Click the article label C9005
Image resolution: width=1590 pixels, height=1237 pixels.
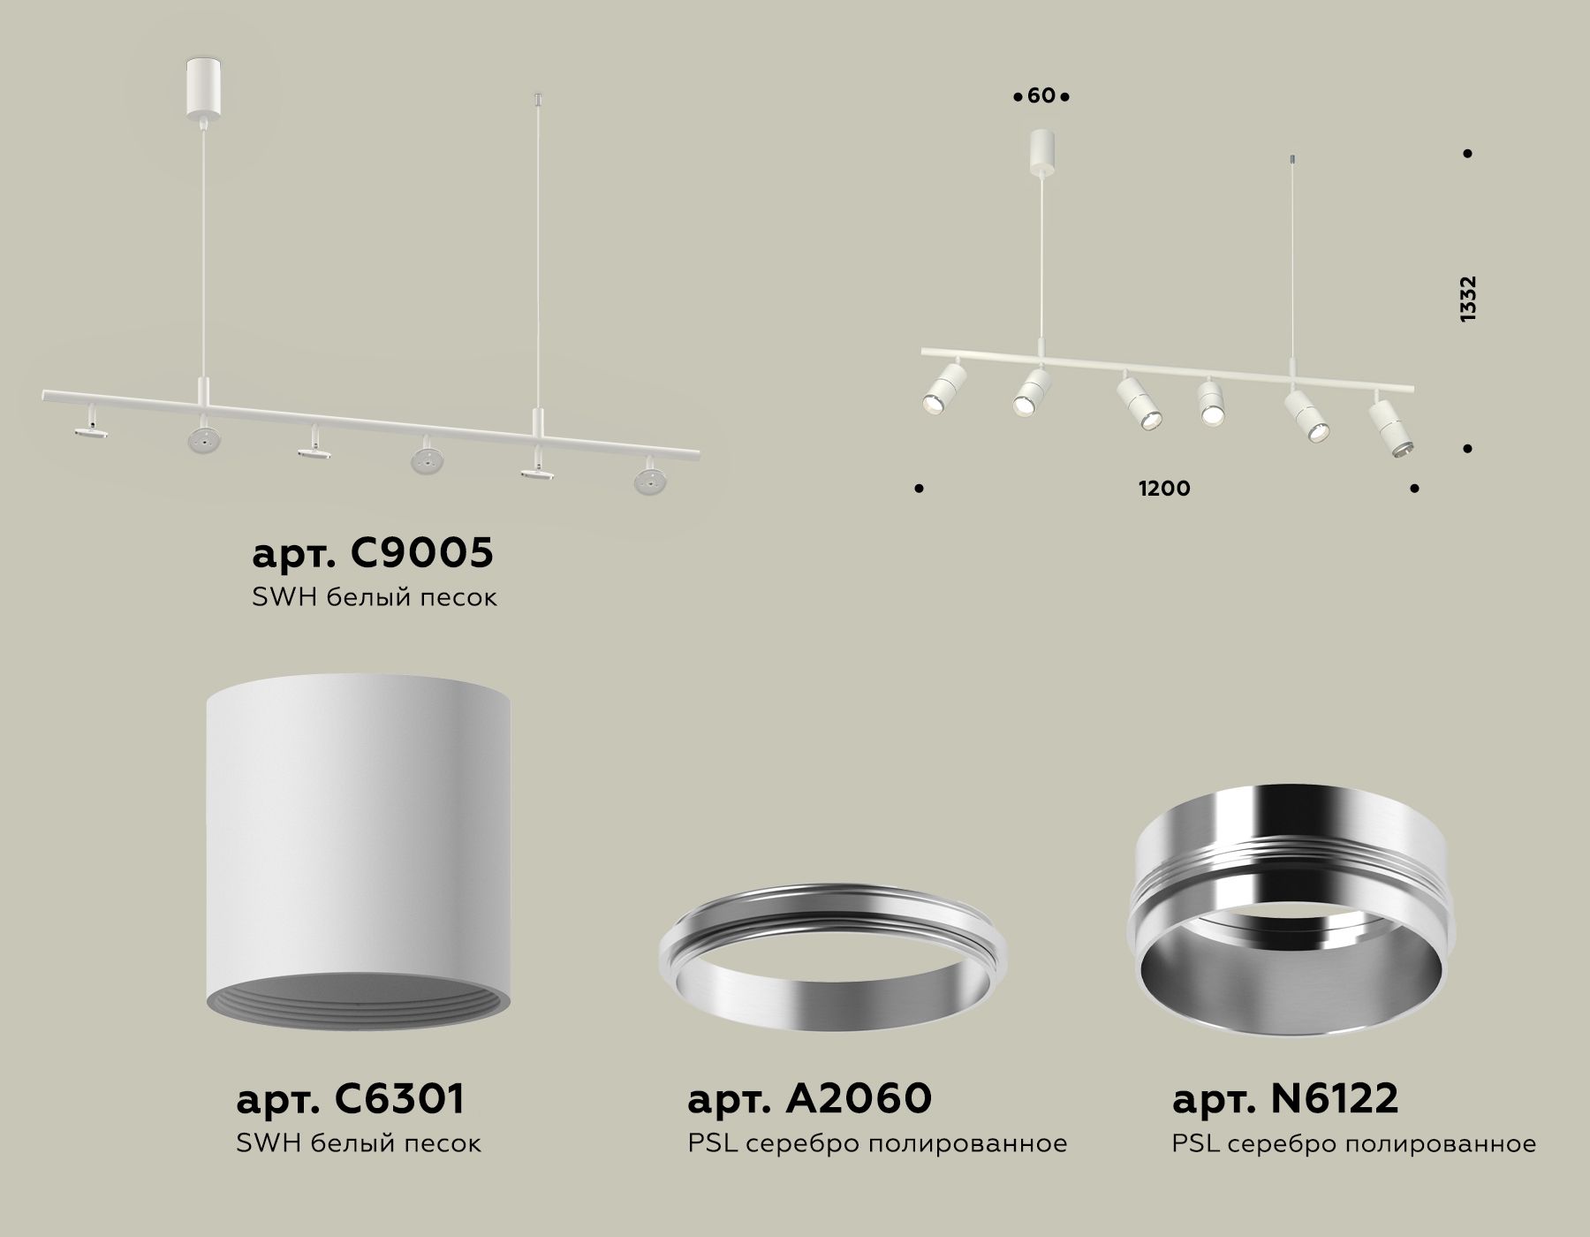coord(372,554)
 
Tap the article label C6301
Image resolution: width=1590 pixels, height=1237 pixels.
coord(350,1099)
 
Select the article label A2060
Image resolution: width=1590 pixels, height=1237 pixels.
coord(809,1099)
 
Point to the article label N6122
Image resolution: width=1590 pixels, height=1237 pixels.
coord(1285,1099)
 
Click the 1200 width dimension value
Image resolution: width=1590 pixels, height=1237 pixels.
coord(1164,489)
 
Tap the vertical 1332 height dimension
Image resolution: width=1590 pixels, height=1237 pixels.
coord(1468,299)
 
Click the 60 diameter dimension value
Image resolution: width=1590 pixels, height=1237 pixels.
coord(1041,95)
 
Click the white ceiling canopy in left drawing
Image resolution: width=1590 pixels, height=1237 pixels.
coord(204,85)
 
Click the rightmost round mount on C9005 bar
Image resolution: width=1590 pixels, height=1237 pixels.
coord(649,478)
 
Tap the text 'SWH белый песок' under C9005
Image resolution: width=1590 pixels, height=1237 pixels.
coord(374,598)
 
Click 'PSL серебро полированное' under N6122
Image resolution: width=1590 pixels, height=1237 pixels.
coord(1353,1144)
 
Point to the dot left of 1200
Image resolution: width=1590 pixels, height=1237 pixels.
coord(920,488)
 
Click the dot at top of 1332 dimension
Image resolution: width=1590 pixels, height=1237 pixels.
coord(1467,154)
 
